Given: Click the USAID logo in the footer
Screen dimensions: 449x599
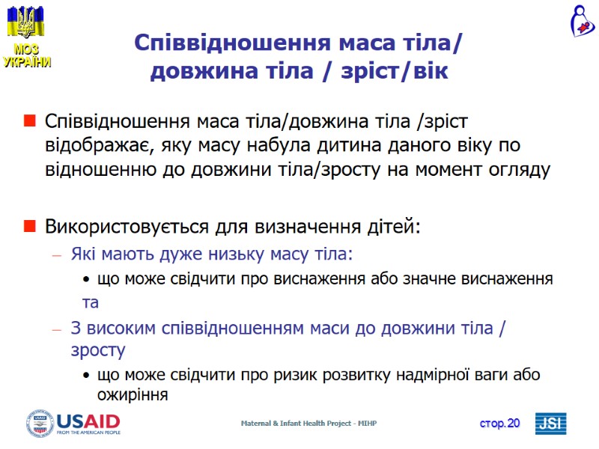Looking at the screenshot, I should pyautogui.click(x=73, y=423).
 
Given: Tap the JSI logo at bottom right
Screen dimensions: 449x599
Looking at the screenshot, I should pyautogui.click(x=550, y=424).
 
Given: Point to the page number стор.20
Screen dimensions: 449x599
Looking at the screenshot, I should pyautogui.click(x=499, y=424).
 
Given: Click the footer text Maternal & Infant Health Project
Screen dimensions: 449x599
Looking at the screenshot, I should pyautogui.click(x=308, y=424).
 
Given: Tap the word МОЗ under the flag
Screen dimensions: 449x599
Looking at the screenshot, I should pyautogui.click(x=25, y=49).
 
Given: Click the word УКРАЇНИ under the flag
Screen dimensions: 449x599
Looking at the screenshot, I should pyautogui.click(x=27, y=62).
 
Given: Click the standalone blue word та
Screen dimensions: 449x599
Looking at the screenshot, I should pyautogui.click(x=91, y=303).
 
